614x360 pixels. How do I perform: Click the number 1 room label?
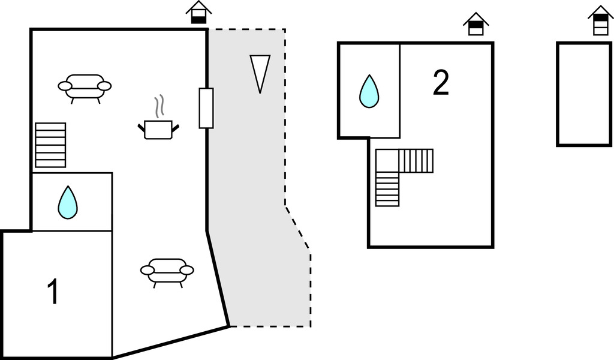pos(53,292)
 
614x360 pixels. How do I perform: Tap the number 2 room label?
pos(441,83)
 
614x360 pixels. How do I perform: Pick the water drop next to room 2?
pos(369,91)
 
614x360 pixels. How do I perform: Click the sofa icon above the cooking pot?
pos(85,88)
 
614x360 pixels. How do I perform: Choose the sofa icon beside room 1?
pos(167,272)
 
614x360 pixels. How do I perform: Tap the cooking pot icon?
pos(158,130)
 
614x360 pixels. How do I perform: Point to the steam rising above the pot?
pos(159,107)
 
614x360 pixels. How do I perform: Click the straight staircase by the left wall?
pos(50,145)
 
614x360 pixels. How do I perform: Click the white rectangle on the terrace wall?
pos(206,108)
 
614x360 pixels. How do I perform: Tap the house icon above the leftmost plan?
pos(198,13)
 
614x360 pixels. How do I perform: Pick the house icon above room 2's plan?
pos(476,25)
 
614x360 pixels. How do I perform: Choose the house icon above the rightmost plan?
pos(600,21)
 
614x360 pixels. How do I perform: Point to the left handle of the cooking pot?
pos(142,127)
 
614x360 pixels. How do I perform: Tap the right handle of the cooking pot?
pos(176,127)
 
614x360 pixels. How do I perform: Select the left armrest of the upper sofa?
pos(65,86)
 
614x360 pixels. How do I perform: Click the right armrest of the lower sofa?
pos(186,271)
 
